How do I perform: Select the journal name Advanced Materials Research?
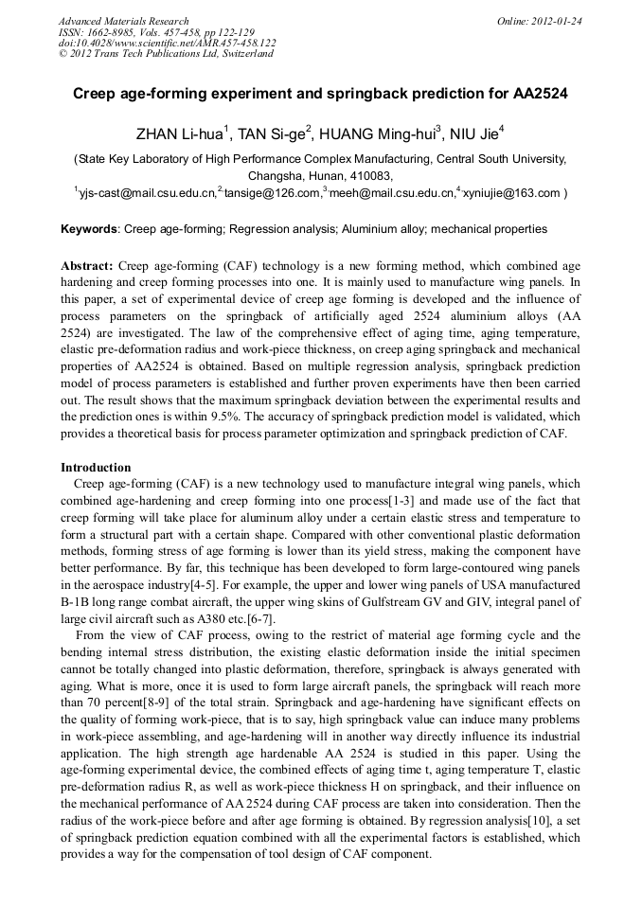[123, 21]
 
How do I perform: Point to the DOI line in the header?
[168, 43]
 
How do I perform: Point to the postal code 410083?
[371, 175]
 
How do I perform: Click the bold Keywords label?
[90, 229]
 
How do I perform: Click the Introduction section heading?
[96, 467]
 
